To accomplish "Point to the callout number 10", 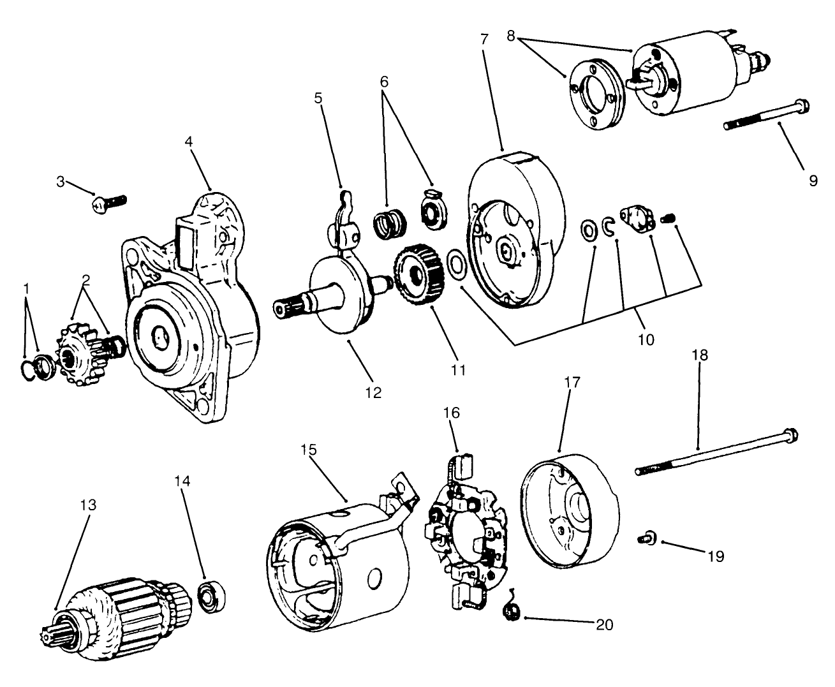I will coord(645,339).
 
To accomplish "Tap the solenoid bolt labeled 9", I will coord(765,114).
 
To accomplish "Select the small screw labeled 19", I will coord(645,540).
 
